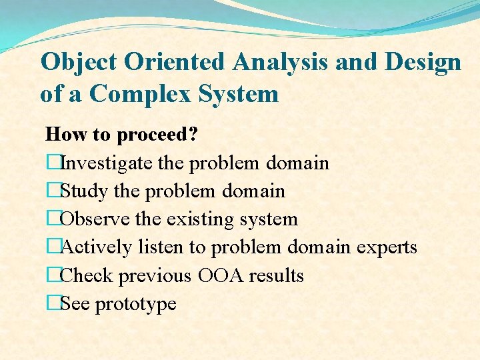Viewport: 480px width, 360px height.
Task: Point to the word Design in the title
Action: click(x=423, y=63)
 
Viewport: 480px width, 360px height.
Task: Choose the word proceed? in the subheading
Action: click(x=157, y=135)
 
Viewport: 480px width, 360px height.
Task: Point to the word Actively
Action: click(x=97, y=247)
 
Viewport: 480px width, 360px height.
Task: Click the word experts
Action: click(x=387, y=247)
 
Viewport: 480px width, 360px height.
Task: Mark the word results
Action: click(x=279, y=275)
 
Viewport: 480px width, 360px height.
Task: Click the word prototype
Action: click(x=136, y=304)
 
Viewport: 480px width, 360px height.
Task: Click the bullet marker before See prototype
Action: click(x=53, y=303)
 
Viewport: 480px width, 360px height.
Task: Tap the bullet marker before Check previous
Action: click(x=53, y=275)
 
